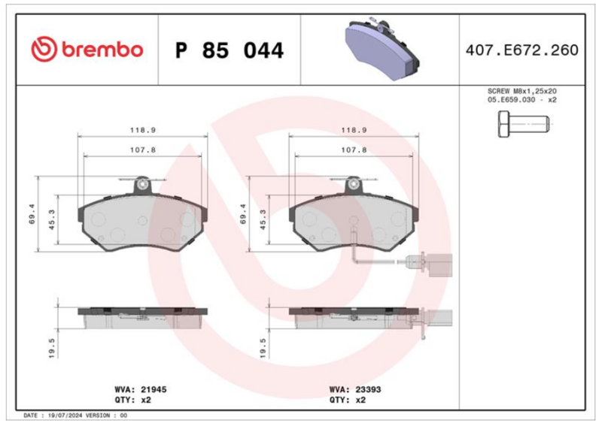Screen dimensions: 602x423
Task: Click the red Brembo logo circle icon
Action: coord(44,49)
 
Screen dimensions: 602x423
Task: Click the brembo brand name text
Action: coord(102,50)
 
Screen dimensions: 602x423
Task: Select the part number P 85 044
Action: coord(230,50)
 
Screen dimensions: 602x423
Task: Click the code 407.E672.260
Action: coord(521,50)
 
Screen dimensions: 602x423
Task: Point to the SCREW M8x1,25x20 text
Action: coord(521,91)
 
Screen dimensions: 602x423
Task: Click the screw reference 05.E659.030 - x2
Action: coord(521,100)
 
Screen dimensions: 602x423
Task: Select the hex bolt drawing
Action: coord(524,124)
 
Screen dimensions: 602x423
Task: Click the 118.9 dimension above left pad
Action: coord(143,130)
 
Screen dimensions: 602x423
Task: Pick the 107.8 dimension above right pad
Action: coord(354,150)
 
